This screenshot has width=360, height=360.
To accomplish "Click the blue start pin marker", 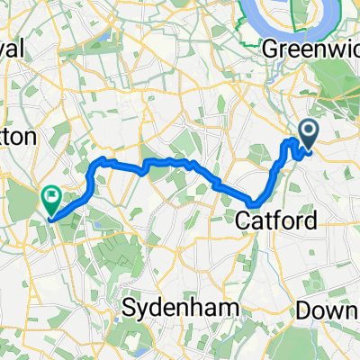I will click(307, 134).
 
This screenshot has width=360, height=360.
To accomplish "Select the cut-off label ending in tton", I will click(16, 137).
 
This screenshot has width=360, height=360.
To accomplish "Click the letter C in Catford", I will click(240, 220).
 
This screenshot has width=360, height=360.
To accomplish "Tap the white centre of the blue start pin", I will click(307, 132).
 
